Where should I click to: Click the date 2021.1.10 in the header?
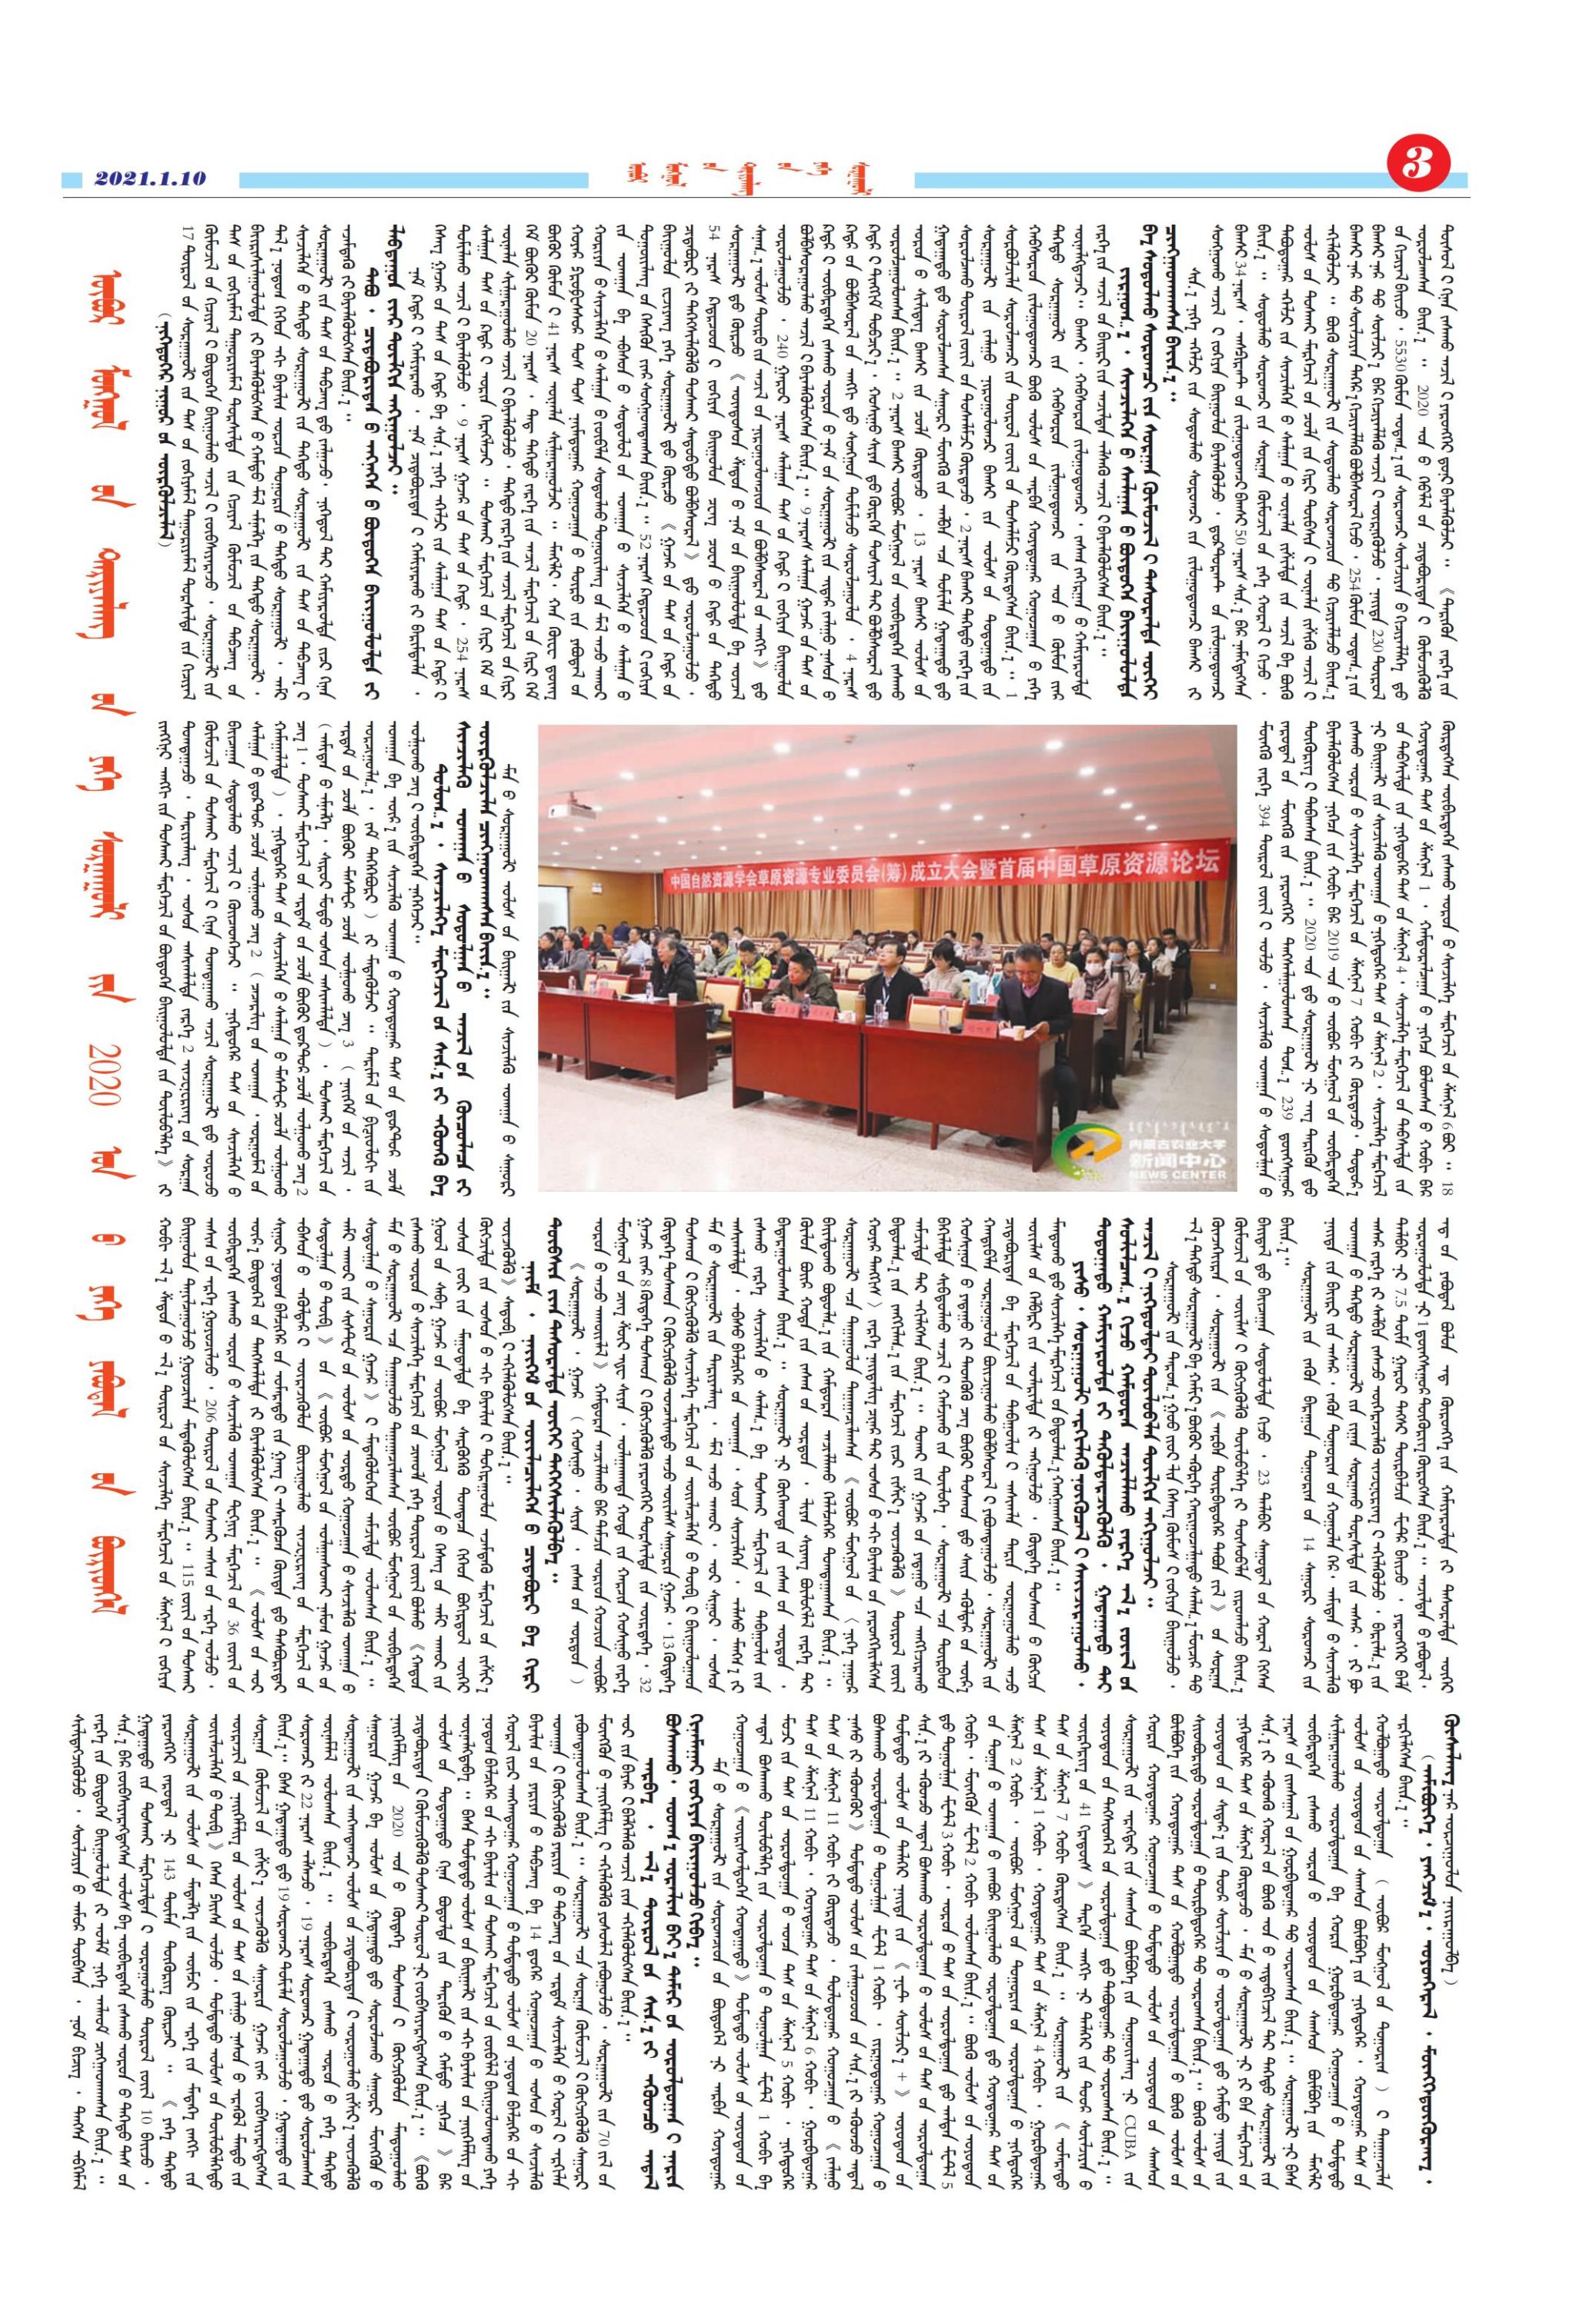pos(150,178)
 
